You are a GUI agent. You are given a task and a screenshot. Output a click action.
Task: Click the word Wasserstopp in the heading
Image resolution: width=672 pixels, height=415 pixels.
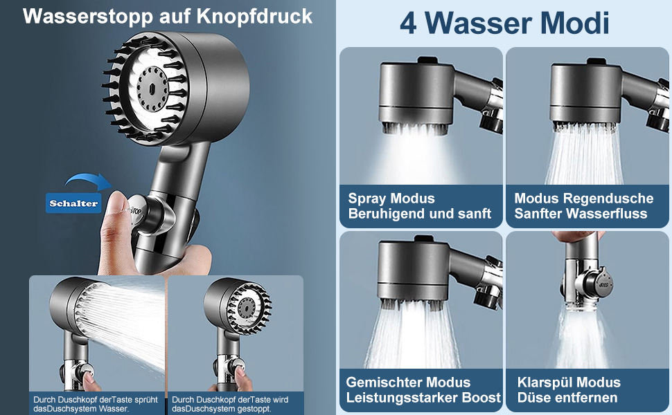tap(88, 17)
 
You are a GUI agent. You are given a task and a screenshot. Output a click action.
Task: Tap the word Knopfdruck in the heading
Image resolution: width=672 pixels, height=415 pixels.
tap(254, 17)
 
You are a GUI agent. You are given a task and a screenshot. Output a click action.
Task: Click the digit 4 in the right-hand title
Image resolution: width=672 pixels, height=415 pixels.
tap(408, 24)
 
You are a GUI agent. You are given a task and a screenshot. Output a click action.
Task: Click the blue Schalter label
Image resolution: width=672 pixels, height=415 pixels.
tap(73, 203)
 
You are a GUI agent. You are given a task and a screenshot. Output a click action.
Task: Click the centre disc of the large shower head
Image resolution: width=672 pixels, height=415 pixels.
tap(152, 89)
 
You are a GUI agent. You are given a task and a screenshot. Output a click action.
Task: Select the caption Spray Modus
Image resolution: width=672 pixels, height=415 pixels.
tap(391, 199)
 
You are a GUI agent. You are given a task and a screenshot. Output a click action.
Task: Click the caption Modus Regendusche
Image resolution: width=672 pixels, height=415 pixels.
tap(584, 199)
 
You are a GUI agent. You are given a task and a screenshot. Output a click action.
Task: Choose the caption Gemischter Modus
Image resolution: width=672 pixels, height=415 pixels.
tap(408, 382)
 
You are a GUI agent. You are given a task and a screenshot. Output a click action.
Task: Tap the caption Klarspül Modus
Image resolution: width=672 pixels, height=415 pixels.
tap(569, 382)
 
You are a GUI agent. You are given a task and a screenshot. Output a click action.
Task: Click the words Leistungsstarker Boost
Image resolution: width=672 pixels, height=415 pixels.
tap(423, 398)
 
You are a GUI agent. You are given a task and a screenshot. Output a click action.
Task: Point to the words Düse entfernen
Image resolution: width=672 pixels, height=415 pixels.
tap(567, 398)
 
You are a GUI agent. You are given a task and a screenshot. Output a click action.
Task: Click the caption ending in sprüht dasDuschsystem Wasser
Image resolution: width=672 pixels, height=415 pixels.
tap(96, 404)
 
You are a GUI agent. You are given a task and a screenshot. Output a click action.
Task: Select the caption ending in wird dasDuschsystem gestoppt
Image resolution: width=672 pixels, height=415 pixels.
tap(230, 404)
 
